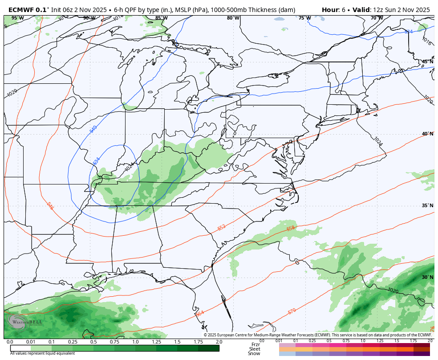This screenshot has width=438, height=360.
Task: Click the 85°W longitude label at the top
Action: (x=161, y=18)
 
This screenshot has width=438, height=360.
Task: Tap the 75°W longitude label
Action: (x=304, y=18)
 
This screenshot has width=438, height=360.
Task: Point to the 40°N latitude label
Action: (x=427, y=134)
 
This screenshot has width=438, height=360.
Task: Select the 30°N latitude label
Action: (x=427, y=277)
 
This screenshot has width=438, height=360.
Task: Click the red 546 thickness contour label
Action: (x=50, y=205)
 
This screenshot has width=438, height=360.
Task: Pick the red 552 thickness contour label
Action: (x=221, y=227)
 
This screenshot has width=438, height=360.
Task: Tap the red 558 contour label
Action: (x=290, y=229)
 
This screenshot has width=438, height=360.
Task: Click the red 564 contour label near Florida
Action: (x=200, y=314)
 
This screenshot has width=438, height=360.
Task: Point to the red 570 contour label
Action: (x=292, y=311)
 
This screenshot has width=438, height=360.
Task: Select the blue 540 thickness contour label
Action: (x=93, y=129)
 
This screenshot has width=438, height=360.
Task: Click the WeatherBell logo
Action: (x=20, y=322)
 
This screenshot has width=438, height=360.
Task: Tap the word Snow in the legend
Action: (x=254, y=353)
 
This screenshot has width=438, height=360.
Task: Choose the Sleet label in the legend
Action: (x=255, y=349)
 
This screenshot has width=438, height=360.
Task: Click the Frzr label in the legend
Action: (x=255, y=344)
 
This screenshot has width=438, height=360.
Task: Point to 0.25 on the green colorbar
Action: (x=73, y=342)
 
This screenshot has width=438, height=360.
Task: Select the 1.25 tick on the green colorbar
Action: (x=156, y=342)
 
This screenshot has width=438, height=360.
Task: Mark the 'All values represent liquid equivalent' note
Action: (x=42, y=353)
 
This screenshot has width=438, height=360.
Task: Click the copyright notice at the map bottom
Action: (x=318, y=335)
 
